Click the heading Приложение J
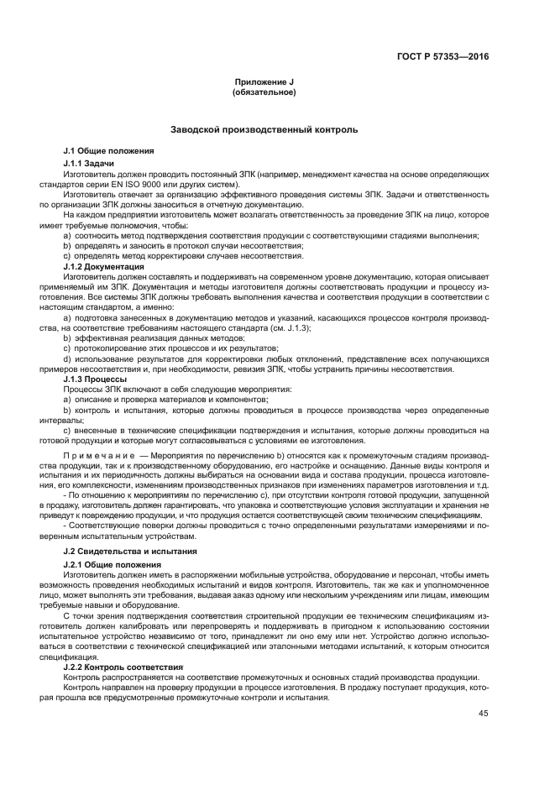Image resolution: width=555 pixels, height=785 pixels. pyautogui.click(x=264, y=81)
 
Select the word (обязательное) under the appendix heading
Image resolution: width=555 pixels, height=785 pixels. pyautogui.click(x=264, y=92)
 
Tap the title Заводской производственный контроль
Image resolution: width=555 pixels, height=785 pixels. pyautogui.click(x=264, y=130)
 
